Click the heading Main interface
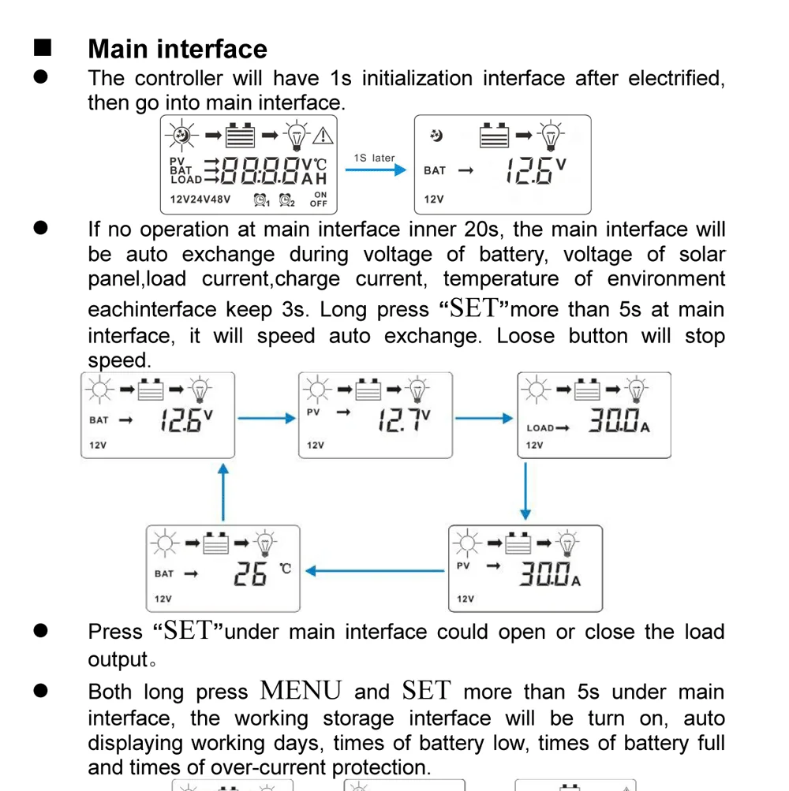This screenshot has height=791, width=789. click(x=178, y=49)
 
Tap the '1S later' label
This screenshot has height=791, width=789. click(x=374, y=158)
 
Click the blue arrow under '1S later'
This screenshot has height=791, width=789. click(x=376, y=170)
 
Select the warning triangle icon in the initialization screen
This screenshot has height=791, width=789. click(x=323, y=136)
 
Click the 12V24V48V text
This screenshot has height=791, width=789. click(x=200, y=200)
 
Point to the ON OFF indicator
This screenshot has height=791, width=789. click(x=319, y=199)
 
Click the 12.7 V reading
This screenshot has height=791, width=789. click(x=403, y=420)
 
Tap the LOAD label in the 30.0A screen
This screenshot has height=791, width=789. click(x=540, y=428)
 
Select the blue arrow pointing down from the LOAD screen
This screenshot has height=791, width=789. click(x=525, y=491)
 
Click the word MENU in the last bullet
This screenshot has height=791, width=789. click(x=301, y=692)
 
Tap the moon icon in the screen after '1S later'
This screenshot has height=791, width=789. click(x=436, y=136)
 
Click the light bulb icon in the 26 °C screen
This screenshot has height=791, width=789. click(x=265, y=543)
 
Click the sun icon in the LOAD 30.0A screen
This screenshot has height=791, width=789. click(x=537, y=389)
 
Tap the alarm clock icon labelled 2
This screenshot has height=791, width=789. click(x=286, y=200)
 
